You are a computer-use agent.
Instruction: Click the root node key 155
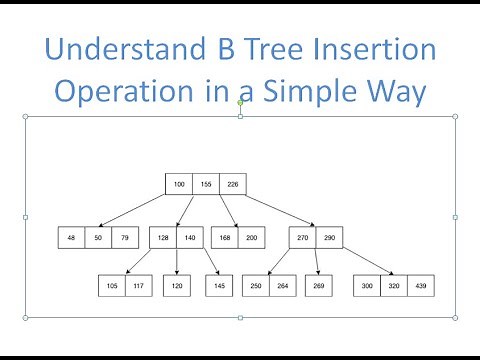(x=205, y=184)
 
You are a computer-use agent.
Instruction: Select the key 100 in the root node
(x=179, y=184)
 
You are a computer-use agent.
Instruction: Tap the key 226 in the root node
(x=231, y=184)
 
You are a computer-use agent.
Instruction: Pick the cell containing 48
(x=71, y=238)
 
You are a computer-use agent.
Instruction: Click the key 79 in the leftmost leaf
(x=123, y=238)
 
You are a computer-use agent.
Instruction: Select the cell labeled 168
(x=225, y=238)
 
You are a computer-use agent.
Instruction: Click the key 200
(x=251, y=238)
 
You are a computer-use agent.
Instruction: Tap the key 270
(x=303, y=238)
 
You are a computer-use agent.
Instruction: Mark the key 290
(x=329, y=238)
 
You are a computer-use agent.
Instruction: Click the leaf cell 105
(x=110, y=285)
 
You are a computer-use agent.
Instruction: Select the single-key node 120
(x=176, y=285)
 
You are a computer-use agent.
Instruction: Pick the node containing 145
(x=219, y=285)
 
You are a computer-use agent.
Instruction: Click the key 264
(x=282, y=285)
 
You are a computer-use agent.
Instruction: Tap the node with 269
(x=318, y=285)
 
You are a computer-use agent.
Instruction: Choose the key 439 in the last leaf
(x=419, y=285)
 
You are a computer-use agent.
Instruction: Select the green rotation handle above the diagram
(x=240, y=102)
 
